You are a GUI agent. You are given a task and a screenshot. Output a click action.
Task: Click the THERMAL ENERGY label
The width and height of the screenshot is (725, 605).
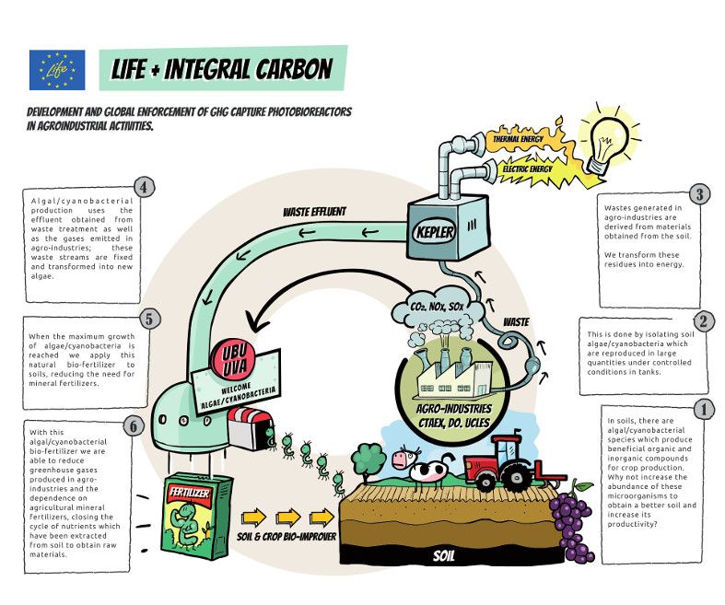(521, 139)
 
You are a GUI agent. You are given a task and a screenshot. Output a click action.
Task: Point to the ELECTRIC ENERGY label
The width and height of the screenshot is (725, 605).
(528, 169)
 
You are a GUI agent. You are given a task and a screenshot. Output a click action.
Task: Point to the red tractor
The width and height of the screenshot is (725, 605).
(503, 460)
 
